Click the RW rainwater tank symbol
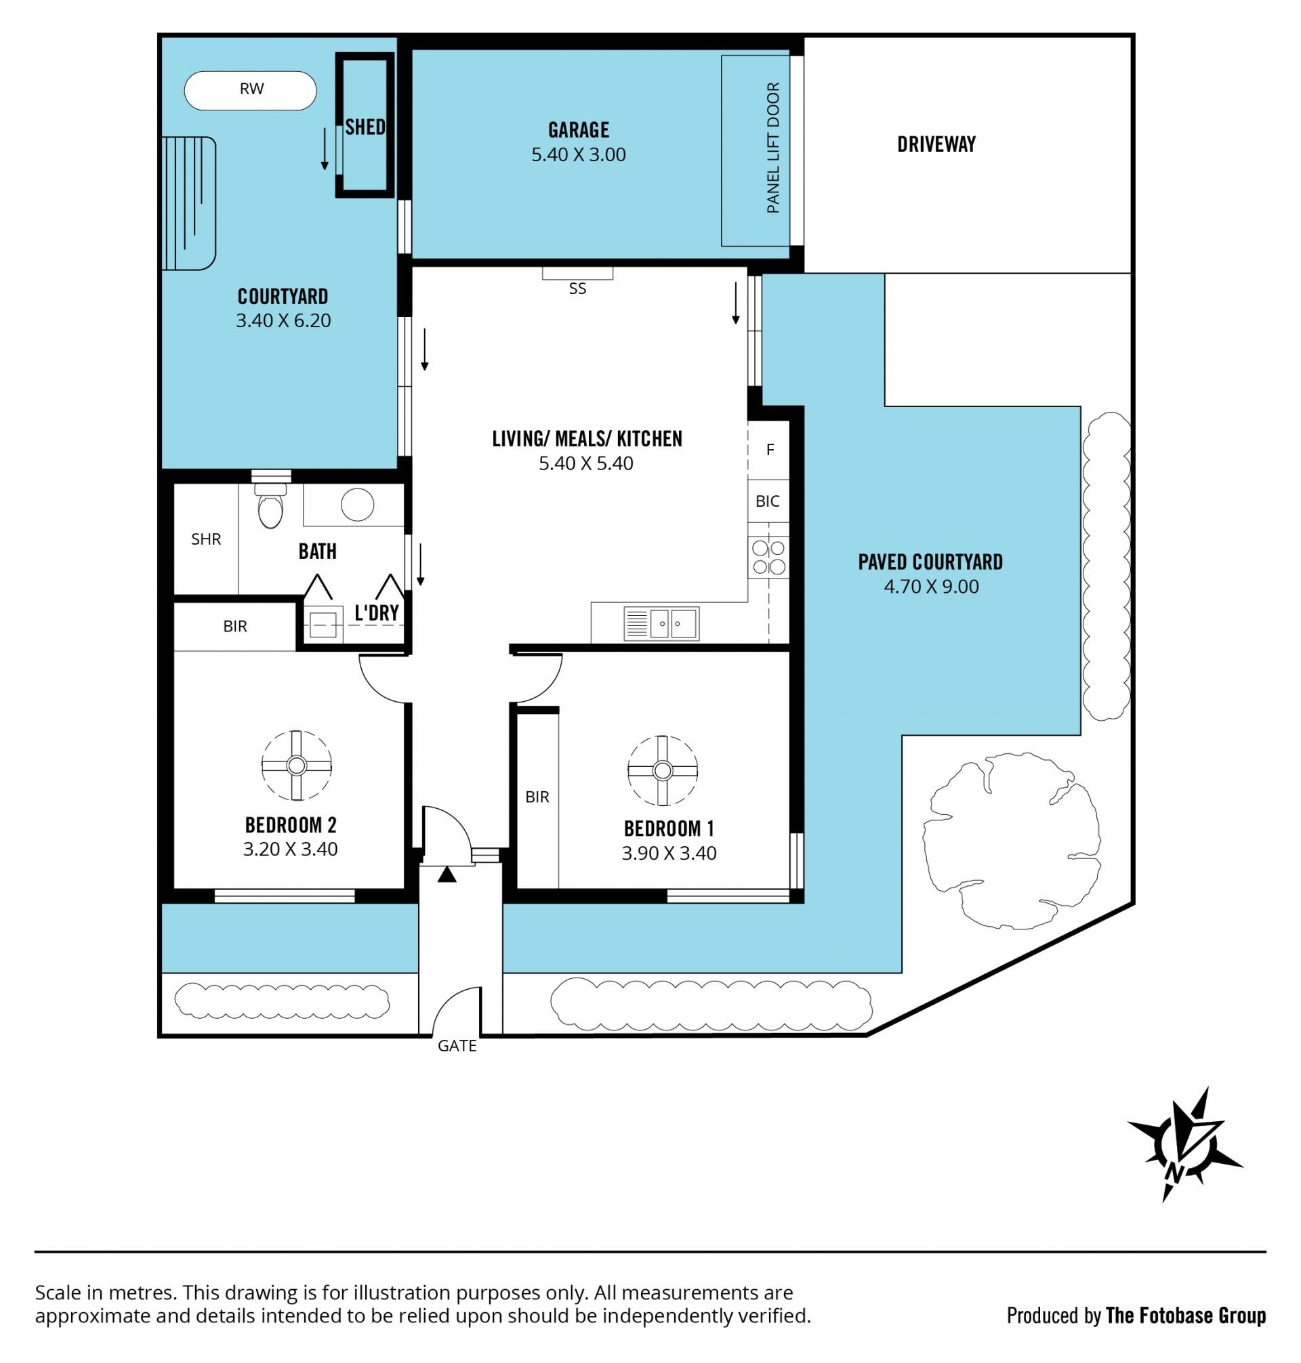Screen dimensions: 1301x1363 (250, 90)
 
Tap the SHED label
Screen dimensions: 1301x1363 (365, 127)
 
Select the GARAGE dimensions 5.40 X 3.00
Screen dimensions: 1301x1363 (579, 154)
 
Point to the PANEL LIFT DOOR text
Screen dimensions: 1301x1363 (773, 148)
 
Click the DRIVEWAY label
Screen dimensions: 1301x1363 (936, 144)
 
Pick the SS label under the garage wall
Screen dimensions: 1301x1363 (577, 289)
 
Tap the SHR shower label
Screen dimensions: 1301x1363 (206, 539)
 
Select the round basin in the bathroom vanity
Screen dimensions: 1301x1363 (357, 504)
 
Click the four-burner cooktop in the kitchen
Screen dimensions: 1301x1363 (768, 558)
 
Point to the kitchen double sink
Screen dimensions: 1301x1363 (661, 624)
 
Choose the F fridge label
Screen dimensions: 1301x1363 (770, 450)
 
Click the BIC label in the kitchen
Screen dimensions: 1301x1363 (768, 501)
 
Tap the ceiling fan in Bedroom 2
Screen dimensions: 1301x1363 (297, 766)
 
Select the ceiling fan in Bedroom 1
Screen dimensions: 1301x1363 (662, 770)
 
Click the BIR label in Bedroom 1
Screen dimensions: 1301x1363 (537, 797)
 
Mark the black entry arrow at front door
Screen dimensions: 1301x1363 (447, 875)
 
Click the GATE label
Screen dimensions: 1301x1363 (457, 1045)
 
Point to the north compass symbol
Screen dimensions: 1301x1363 (1185, 1144)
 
